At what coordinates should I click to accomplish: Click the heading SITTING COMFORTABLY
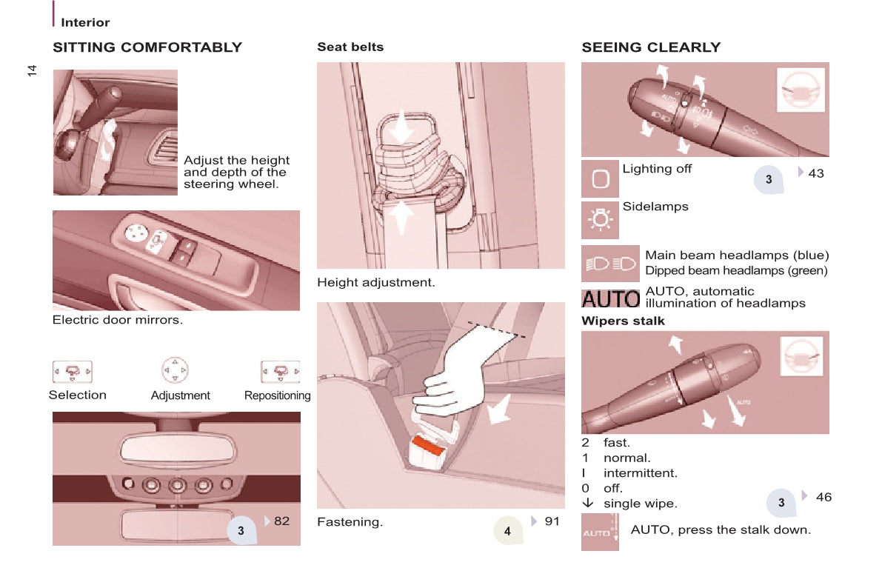pos(147,47)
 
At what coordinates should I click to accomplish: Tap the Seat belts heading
pos(350,47)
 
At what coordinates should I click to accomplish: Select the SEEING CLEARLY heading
pos(651,47)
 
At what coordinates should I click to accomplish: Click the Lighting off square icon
pos(600,179)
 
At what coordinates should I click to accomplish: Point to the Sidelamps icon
pos(600,220)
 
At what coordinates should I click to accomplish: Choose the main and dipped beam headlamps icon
pos(610,264)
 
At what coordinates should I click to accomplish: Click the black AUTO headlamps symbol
pos(610,298)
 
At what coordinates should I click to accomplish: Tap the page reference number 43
pos(815,173)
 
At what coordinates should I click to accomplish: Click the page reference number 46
pos(823,497)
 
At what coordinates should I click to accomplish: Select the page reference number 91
pos(552,521)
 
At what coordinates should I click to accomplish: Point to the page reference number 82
pos(281,521)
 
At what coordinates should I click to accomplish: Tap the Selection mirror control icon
pos(73,371)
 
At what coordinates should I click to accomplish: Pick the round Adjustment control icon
pos(175,370)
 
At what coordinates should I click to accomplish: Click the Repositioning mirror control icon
pos(280,371)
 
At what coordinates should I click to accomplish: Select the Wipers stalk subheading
pos(623,321)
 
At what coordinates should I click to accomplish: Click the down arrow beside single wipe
pos(587,503)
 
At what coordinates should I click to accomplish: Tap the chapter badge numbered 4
pos(507,530)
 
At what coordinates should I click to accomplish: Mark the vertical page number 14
pos(32,70)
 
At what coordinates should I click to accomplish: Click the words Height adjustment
pos(375,282)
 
